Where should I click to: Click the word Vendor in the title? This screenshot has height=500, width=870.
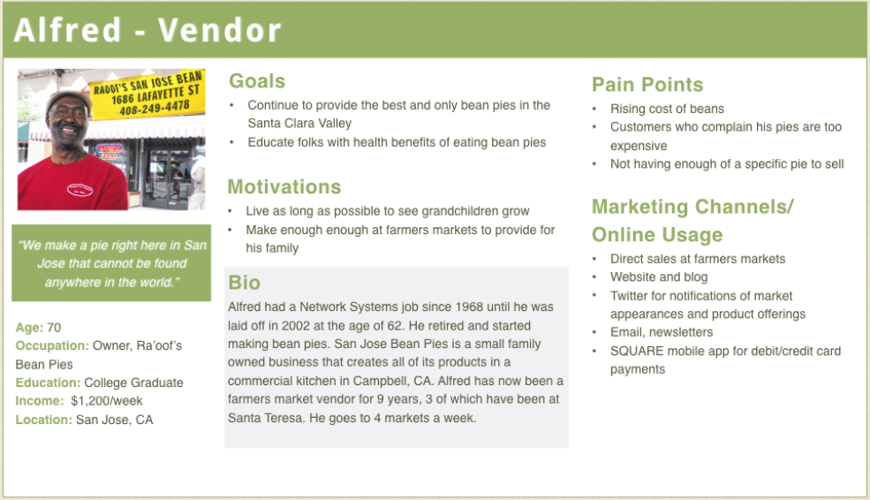(x=220, y=30)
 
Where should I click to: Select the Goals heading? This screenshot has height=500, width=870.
(x=257, y=81)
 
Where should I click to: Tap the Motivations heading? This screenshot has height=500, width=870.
(x=284, y=187)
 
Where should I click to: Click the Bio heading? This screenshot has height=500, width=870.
(x=244, y=283)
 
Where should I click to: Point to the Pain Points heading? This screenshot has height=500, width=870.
(x=647, y=84)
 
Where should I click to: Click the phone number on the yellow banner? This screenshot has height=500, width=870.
(x=155, y=107)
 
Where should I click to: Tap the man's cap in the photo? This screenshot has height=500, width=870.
(x=68, y=100)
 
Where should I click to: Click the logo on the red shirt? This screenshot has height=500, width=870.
(x=79, y=190)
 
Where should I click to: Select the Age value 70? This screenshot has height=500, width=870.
(x=54, y=328)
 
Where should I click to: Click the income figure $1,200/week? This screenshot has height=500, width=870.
(x=107, y=401)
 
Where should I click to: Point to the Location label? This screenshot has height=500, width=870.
(x=44, y=420)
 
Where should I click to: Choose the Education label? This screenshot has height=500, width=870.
(x=49, y=383)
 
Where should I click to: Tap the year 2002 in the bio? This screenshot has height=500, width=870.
(x=296, y=326)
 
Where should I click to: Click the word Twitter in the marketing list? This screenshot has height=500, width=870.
(x=629, y=296)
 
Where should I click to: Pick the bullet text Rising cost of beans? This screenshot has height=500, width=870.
(x=667, y=109)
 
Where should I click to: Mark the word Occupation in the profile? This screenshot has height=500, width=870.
(x=52, y=345)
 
